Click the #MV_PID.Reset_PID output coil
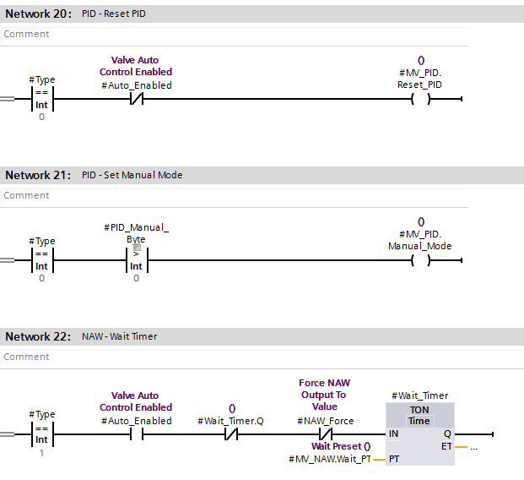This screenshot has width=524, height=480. (x=420, y=100)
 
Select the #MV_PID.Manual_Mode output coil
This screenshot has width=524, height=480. (x=420, y=261)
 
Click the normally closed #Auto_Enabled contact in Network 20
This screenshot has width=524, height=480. (x=136, y=100)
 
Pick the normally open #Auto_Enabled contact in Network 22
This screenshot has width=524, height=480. (x=136, y=434)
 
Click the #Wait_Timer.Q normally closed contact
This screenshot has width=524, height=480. (x=231, y=434)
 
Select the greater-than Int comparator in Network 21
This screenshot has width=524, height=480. (x=136, y=261)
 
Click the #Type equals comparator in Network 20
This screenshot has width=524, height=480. (x=41, y=100)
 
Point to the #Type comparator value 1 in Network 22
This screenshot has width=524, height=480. (x=41, y=452)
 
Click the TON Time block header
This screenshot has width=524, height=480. (x=419, y=415)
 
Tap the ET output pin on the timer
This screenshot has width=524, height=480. (x=446, y=445)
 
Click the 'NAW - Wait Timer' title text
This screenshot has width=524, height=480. (x=119, y=336)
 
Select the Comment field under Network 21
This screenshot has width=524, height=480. (x=26, y=195)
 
